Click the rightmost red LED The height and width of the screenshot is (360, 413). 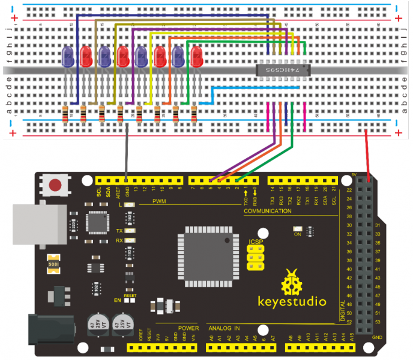pyautogui.click(x=196, y=58)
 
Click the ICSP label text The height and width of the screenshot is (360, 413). pyautogui.click(x=255, y=242)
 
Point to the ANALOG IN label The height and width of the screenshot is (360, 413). pyautogui.click(x=224, y=329)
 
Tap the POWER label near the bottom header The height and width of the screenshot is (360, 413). pyautogui.click(x=187, y=329)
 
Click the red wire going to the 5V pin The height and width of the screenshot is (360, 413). pyautogui.click(x=366, y=150)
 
